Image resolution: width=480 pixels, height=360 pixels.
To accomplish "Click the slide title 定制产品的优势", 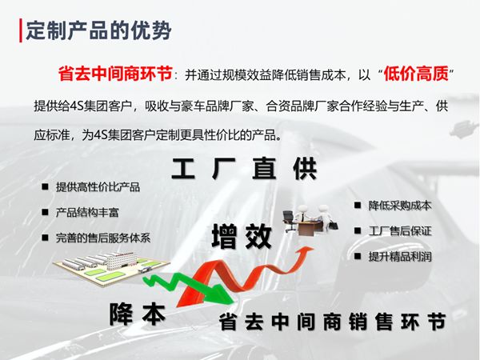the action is [98, 30].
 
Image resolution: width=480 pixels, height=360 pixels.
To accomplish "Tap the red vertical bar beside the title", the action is [21, 30].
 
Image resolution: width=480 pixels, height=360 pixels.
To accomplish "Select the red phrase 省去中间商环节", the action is [115, 74].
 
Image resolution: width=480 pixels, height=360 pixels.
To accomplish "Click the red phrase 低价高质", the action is [416, 74].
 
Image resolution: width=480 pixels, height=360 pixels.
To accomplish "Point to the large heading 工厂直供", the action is [244, 169].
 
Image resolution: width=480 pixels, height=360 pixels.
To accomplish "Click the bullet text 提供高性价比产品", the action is [98, 187].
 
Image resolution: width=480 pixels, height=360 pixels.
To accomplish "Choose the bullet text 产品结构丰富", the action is [87, 213].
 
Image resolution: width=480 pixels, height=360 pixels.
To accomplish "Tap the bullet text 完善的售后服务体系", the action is [103, 238].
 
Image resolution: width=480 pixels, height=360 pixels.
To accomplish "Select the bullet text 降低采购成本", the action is [400, 206].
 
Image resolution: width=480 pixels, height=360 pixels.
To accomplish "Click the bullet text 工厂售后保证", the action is [400, 231].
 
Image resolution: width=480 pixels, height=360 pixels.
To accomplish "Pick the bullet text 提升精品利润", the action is [400, 257].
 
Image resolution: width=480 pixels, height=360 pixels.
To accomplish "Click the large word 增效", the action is [242, 236].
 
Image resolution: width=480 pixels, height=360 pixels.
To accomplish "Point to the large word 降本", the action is [138, 314].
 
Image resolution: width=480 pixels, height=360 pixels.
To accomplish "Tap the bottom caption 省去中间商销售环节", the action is [333, 322].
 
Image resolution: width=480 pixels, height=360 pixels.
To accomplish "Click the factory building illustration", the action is [111, 269].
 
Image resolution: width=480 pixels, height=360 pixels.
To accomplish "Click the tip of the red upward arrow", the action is [314, 248].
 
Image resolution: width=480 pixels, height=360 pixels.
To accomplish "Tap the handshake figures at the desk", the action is [310, 219].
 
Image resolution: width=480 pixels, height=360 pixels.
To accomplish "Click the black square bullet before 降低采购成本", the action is [358, 205].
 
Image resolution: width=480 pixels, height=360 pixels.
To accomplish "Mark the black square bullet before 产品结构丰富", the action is [46, 212].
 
